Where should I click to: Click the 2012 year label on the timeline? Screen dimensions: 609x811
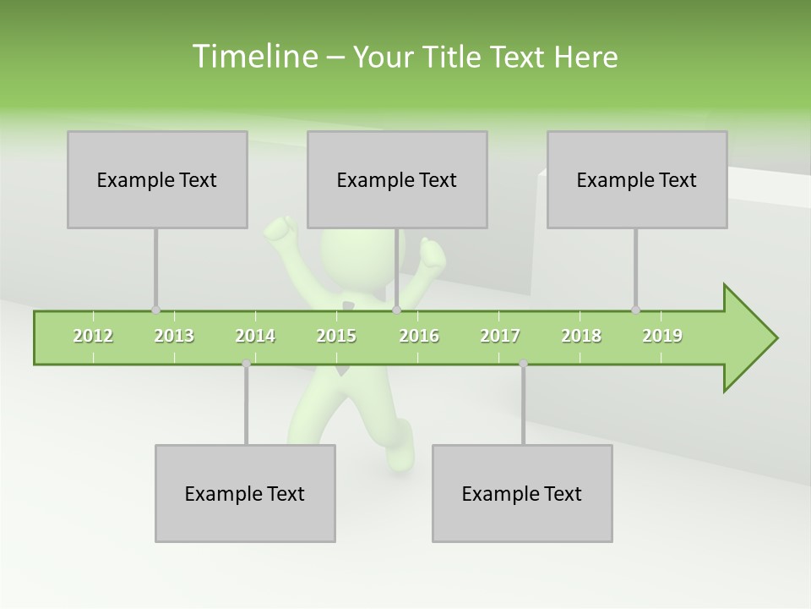[93, 336]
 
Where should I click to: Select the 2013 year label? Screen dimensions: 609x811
[174, 336]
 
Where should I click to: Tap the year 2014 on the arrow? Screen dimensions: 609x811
[255, 336]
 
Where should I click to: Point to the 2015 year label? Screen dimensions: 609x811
[336, 336]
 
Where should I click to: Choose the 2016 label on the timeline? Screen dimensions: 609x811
[419, 336]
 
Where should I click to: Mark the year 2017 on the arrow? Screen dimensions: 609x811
[500, 336]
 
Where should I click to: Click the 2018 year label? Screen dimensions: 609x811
[581, 336]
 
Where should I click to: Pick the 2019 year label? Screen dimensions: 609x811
[662, 336]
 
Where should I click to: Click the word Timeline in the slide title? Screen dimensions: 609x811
[253, 57]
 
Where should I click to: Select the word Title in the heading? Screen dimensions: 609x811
[454, 57]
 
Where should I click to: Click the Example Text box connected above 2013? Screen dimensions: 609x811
[157, 179]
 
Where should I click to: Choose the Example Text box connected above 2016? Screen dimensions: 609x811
[397, 179]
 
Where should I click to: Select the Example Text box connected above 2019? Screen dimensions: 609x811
[637, 179]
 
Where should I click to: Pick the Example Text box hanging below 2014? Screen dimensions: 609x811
[245, 493]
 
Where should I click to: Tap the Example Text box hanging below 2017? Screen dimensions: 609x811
[522, 493]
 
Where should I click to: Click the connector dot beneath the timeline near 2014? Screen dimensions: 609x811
[246, 364]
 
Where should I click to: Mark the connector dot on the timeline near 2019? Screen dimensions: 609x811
[635, 310]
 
